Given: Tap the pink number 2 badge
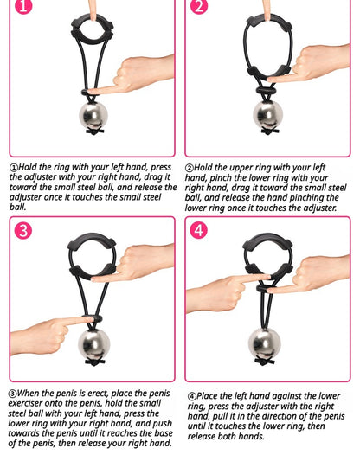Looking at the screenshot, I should point(199,7).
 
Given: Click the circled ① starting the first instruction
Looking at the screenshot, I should point(14,168).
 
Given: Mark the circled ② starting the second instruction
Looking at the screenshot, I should point(190,168).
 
